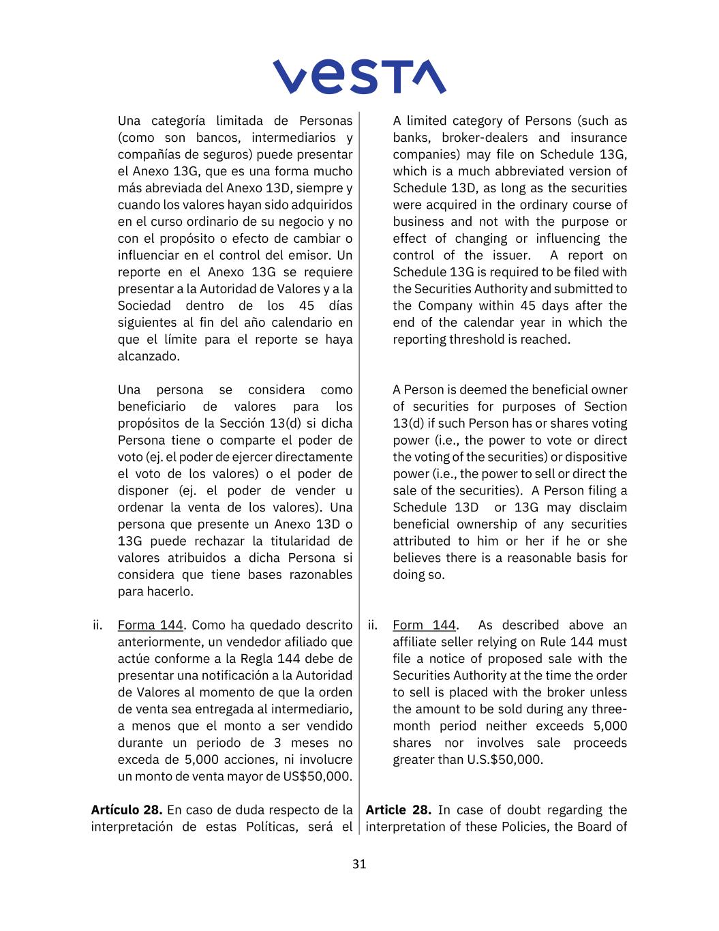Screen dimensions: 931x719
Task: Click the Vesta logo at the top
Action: (x=359, y=76)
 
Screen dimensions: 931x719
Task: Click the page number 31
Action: (x=359, y=864)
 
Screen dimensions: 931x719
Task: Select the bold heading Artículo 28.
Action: (x=127, y=810)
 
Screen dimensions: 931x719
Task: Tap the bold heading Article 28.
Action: (x=398, y=810)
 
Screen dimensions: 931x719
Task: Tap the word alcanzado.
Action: (x=149, y=356)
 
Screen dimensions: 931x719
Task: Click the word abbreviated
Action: (x=530, y=171)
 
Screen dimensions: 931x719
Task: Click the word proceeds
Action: (x=600, y=743)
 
